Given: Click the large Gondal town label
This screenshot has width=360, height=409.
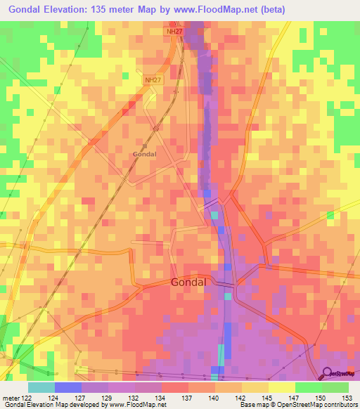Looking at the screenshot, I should pos(188,282).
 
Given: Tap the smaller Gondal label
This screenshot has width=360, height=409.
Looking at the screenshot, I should pos(144,153).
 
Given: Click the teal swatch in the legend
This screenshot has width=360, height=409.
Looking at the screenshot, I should pos(41,387).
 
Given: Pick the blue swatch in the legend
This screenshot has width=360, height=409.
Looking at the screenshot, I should pos(68,387).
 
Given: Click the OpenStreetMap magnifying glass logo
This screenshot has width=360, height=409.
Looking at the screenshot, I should pos(328,374).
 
